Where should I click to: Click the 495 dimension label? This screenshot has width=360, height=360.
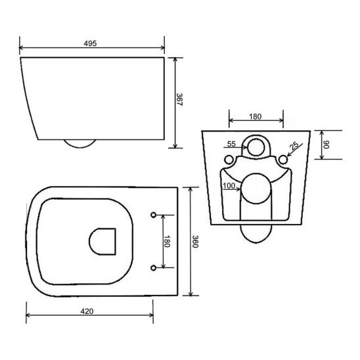click(91, 43)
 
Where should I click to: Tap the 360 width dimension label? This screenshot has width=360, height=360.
click(194, 242)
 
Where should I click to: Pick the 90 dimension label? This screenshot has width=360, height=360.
click(326, 144)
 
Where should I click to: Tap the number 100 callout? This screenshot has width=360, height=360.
click(229, 186)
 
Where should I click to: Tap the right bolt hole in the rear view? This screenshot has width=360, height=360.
click(283, 159)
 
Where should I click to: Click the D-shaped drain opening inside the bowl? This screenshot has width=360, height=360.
click(102, 240)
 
